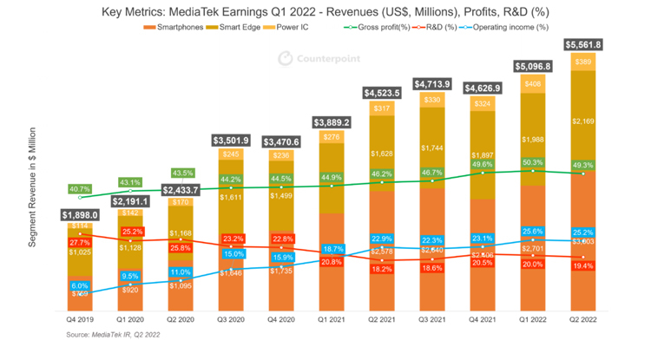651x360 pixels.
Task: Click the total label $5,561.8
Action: point(584,44)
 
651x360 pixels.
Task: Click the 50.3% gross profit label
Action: point(533,161)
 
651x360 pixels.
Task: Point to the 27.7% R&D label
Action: point(80,242)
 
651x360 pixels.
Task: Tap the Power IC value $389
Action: point(584,62)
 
